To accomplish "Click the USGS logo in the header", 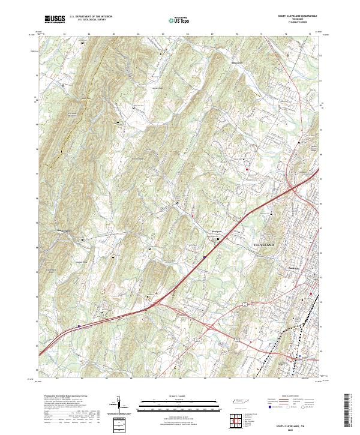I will tap(55, 20).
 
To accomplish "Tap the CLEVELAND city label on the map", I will tap(264, 246).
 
